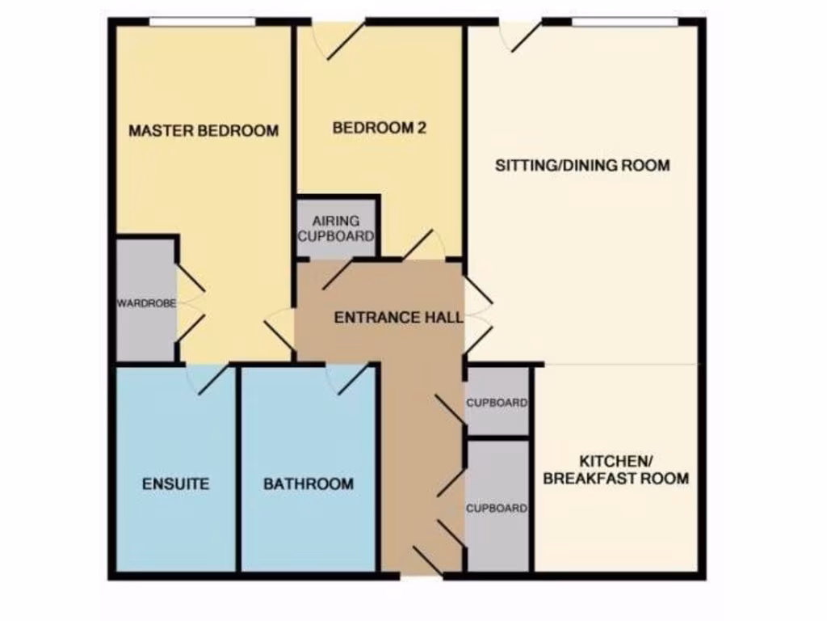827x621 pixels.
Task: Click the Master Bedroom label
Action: (204, 130)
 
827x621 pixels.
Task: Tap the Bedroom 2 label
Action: (379, 128)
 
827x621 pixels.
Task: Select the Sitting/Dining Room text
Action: (582, 166)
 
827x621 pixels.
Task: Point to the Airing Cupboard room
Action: (337, 229)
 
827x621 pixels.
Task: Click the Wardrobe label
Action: (146, 304)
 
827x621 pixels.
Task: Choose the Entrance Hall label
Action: (398, 317)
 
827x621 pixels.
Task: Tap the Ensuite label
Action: (175, 484)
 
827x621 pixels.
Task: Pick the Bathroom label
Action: (309, 484)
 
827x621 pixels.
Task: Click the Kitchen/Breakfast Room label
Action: (615, 469)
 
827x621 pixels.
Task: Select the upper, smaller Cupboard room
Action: (497, 402)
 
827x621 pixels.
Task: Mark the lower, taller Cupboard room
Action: (497, 509)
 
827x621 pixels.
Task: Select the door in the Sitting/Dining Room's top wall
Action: (521, 36)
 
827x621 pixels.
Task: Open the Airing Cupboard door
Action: (338, 273)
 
